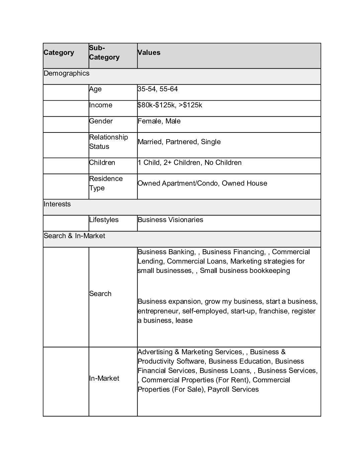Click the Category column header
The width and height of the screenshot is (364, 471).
tap(59, 53)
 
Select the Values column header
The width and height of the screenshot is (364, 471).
tap(149, 53)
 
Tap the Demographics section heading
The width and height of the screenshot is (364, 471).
tap(67, 73)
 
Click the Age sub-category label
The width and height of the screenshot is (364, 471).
tap(95, 89)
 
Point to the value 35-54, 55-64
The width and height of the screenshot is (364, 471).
tap(158, 89)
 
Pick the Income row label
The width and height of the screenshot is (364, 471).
tap(101, 105)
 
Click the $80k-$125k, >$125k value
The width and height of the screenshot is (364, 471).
tap(170, 105)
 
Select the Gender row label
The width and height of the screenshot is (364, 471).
tap(101, 121)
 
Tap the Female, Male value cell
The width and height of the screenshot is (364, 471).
tap(159, 121)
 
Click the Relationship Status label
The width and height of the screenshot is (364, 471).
tap(108, 142)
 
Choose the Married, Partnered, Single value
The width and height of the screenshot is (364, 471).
tap(179, 142)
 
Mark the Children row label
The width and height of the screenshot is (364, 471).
tap(102, 163)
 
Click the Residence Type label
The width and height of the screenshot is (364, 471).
tap(106, 183)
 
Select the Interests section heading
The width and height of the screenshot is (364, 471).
tap(57, 204)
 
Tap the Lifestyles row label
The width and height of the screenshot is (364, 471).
tap(104, 220)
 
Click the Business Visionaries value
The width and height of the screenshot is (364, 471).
tap(170, 220)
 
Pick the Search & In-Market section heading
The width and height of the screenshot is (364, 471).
tap(74, 236)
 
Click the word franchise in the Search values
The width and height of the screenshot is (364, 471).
tap(274, 311)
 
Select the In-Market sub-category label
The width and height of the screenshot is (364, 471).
tap(104, 378)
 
